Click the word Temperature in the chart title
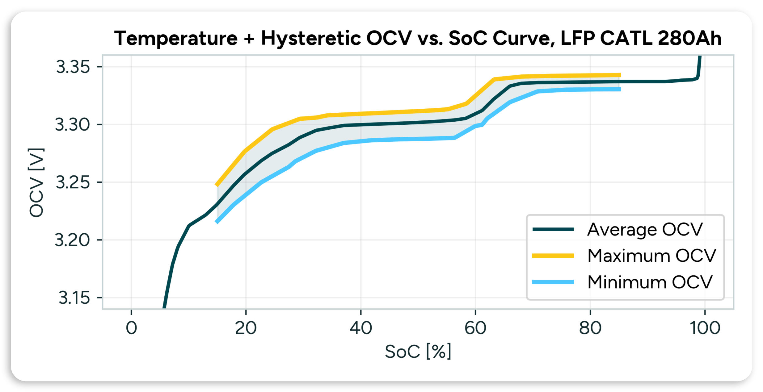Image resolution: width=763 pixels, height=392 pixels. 176,39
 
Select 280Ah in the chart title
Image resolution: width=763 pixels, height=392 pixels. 689,39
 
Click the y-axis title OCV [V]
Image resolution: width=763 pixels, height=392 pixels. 36,183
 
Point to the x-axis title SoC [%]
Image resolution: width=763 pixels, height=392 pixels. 418,352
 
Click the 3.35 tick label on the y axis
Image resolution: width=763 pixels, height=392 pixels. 73,67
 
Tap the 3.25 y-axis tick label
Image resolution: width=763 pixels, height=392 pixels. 73,182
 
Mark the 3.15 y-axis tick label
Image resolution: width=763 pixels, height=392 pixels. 74,298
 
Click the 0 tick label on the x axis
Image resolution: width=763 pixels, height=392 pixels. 131,328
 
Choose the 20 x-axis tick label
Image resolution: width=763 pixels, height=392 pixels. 246,328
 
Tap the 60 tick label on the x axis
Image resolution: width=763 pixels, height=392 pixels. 475,328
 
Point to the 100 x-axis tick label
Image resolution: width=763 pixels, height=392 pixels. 705,328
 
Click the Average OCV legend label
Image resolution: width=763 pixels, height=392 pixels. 645,230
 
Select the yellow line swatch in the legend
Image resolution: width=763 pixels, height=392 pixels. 553,256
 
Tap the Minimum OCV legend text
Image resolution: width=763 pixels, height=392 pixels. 650,282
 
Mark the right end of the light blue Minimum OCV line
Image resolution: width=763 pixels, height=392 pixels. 620,90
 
